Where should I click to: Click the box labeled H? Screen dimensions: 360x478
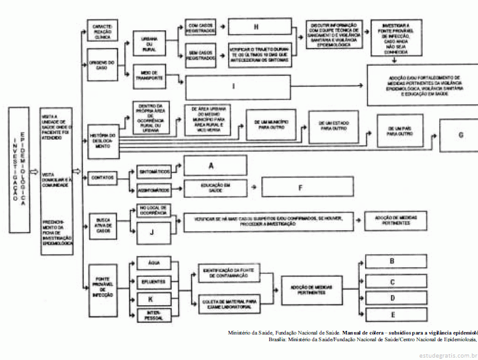pyautogui.click(x=257, y=28)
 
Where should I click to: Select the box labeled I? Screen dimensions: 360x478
pyautogui.click(x=233, y=87)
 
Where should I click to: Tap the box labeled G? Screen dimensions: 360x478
pyautogui.click(x=460, y=134)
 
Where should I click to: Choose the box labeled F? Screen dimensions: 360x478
pyautogui.click(x=300, y=187)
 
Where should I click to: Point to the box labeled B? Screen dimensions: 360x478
pyautogui.click(x=392, y=262)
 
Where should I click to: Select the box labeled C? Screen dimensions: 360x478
pyautogui.click(x=392, y=282)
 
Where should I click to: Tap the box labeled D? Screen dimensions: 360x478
pyautogui.click(x=392, y=298)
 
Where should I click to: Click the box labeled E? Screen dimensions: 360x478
pyautogui.click(x=392, y=314)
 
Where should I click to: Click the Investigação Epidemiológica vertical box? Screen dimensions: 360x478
pyautogui.click(x=18, y=171)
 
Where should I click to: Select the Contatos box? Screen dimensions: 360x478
pyautogui.click(x=102, y=177)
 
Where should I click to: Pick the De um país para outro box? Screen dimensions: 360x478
pyautogui.click(x=400, y=131)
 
